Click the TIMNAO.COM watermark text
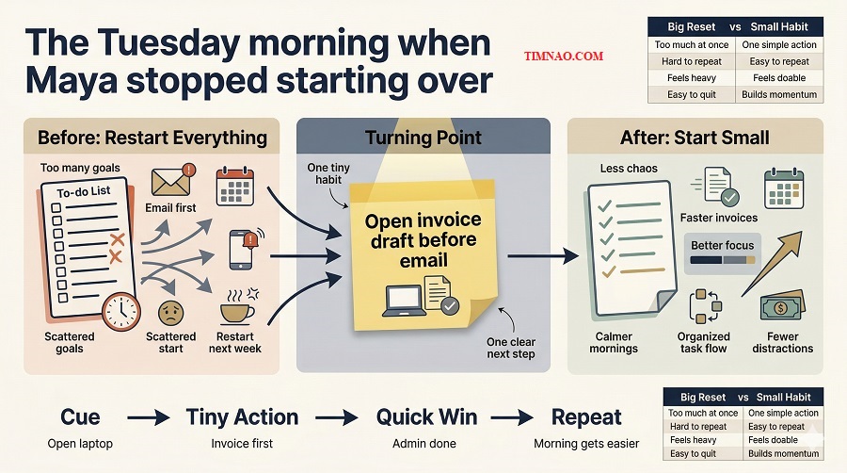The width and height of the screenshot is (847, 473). coord(563,57)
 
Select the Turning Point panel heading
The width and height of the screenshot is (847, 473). coord(423,138)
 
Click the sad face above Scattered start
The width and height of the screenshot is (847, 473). coord(170,312)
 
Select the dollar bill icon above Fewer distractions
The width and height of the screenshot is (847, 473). coord(782,308)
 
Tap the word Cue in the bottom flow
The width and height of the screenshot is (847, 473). coord(80,416)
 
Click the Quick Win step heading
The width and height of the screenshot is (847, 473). coord(426,416)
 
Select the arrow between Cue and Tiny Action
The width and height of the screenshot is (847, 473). coord(149,416)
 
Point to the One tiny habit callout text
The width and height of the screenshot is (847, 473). coord(330,174)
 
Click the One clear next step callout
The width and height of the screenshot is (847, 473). coord(511,348)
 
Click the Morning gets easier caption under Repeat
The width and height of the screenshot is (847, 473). coord(585,444)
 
